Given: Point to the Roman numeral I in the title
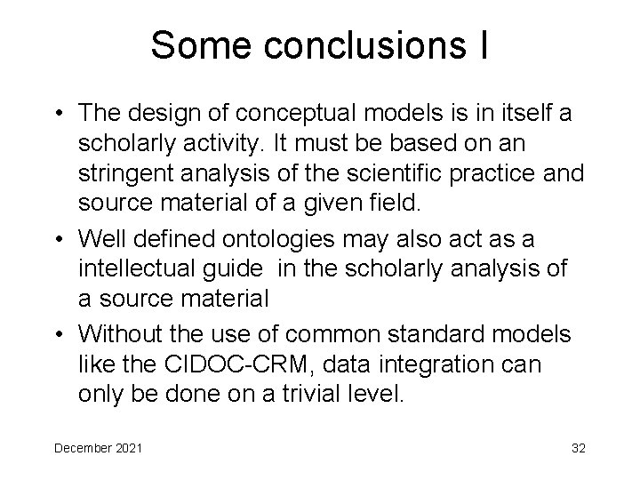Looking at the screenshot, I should point(481,45).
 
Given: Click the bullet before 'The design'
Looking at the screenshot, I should point(58,114).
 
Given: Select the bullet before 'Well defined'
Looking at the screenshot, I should point(58,241).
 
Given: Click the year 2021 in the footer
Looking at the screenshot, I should point(130,446).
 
